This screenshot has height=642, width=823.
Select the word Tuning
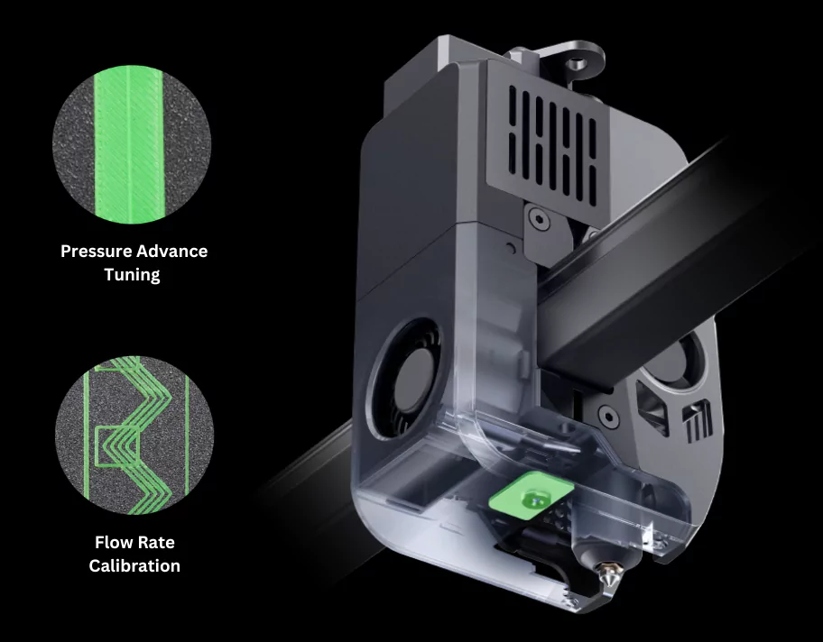134,274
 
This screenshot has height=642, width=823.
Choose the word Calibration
134,566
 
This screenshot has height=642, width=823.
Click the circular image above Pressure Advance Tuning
133,143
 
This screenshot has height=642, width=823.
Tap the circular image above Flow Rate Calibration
134,435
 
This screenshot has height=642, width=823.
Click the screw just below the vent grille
539,217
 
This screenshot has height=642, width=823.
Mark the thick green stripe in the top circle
126,143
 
